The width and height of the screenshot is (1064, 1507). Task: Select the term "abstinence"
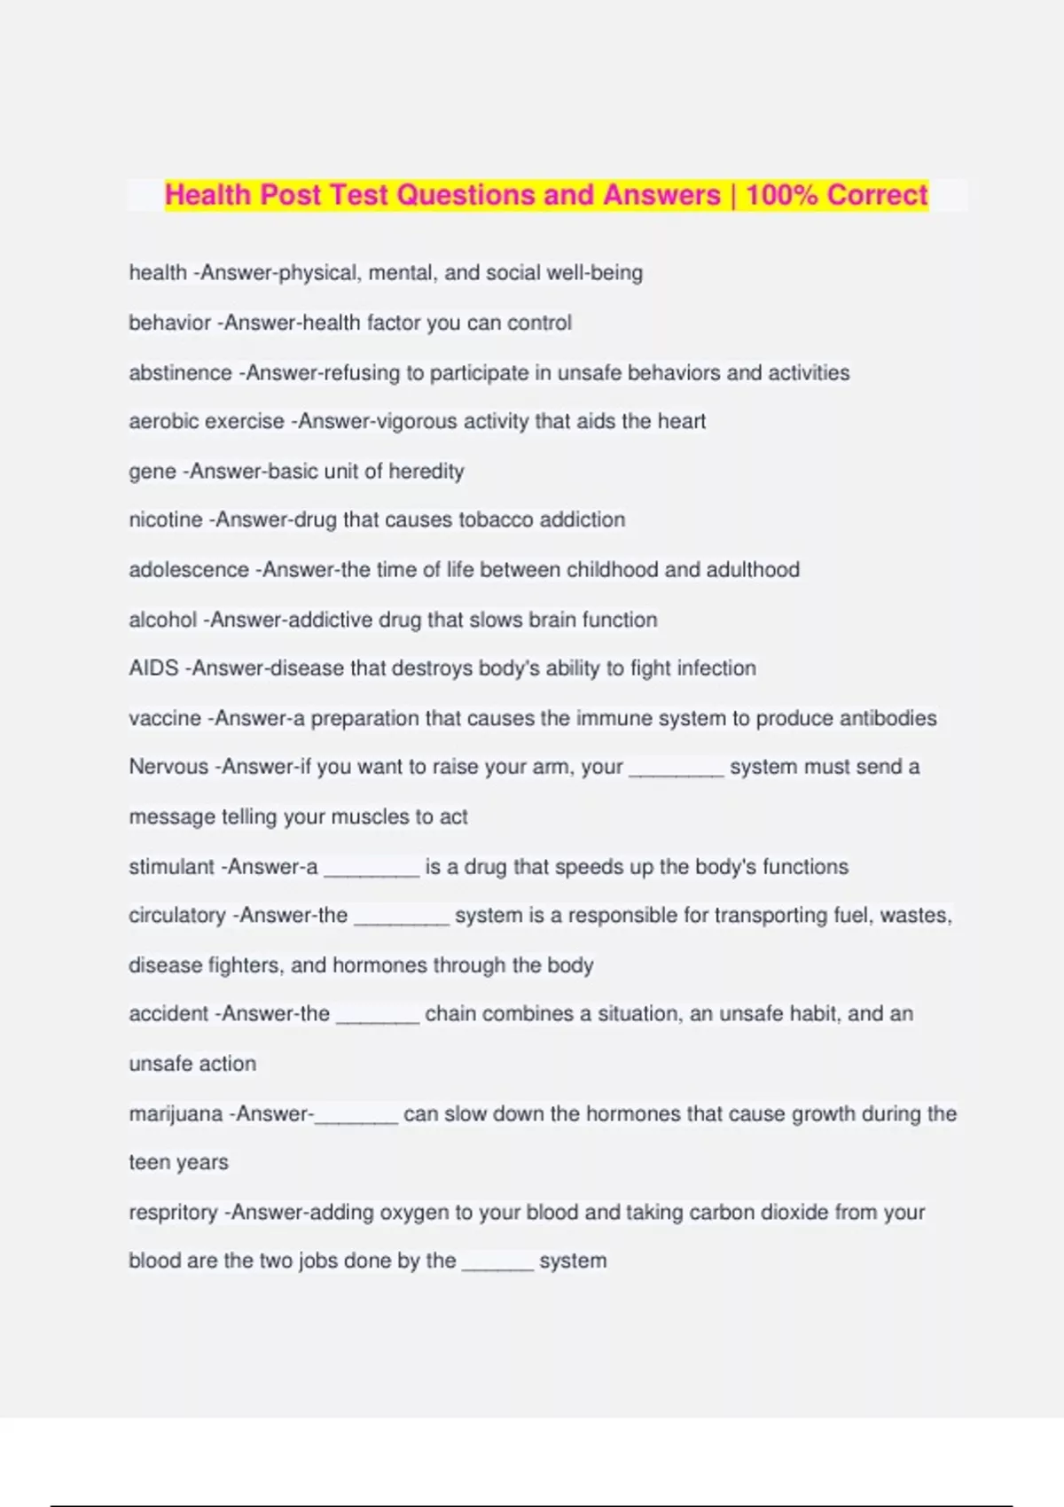point(180,373)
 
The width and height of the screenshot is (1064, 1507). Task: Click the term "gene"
point(153,472)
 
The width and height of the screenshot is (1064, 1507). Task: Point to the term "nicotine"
point(166,519)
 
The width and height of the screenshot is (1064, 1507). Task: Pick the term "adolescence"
point(189,569)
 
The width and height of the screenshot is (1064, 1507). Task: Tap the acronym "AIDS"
point(153,668)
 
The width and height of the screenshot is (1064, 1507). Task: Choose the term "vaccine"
point(165,718)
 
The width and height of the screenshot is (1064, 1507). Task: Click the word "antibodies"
point(888,718)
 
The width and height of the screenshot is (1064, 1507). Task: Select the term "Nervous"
point(168,767)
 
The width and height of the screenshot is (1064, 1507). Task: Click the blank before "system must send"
point(677,771)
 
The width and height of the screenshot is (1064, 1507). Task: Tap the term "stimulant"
point(171,867)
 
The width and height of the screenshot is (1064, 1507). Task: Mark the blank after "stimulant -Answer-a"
point(372,871)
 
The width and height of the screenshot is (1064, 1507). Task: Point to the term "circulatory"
point(177,916)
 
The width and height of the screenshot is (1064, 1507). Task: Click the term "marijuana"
point(176,1114)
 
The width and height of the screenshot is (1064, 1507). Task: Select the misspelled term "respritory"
point(173,1213)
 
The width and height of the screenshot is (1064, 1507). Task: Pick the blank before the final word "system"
point(497,1266)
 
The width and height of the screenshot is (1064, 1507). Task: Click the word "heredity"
point(426,472)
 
